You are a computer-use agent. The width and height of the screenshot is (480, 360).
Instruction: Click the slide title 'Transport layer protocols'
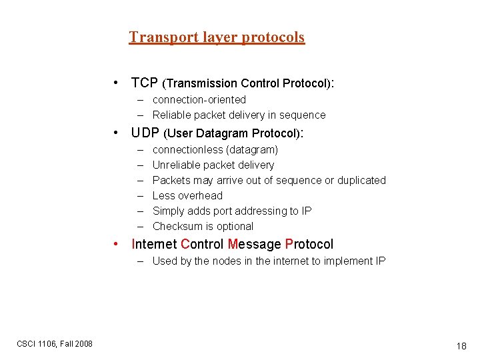(217, 37)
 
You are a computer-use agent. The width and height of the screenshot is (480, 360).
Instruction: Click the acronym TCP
(145, 83)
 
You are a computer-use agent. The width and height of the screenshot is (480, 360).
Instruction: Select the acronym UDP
(145, 133)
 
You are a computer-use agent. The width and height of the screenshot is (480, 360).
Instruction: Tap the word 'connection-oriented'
(199, 100)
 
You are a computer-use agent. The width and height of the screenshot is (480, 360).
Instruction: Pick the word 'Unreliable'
(177, 165)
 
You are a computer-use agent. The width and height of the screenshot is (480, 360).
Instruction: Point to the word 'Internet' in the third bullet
(155, 245)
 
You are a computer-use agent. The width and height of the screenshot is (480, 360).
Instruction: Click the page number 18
(461, 346)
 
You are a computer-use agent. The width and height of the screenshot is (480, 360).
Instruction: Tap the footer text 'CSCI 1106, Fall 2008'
(55, 343)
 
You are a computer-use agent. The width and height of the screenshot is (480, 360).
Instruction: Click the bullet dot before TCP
(117, 83)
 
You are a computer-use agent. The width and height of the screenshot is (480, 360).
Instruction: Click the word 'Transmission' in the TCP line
(201, 84)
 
